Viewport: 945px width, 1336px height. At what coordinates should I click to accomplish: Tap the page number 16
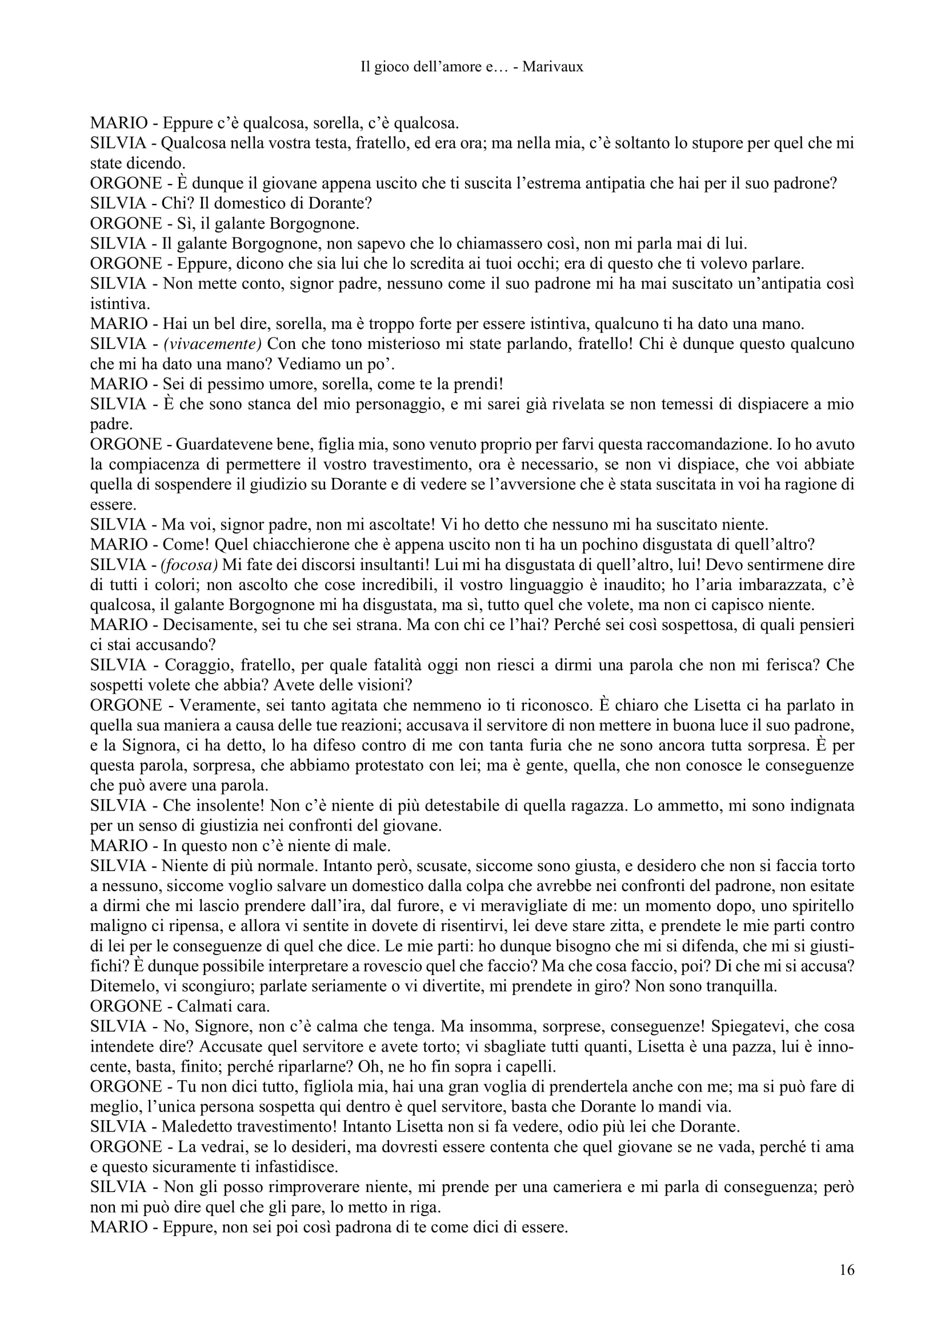tap(847, 1270)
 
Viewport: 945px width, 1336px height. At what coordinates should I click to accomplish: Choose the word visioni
tap(385, 685)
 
